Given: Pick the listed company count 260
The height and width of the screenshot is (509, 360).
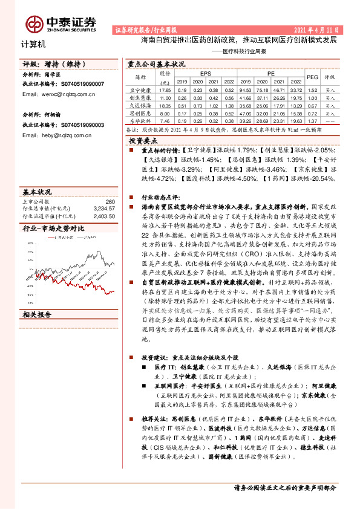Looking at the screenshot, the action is (x=110, y=201).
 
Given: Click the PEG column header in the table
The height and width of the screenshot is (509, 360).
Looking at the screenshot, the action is (x=312, y=77).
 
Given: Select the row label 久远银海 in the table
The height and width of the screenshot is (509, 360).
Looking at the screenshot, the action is (x=140, y=105).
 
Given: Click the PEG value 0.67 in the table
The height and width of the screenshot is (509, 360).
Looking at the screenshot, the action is (x=312, y=105).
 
